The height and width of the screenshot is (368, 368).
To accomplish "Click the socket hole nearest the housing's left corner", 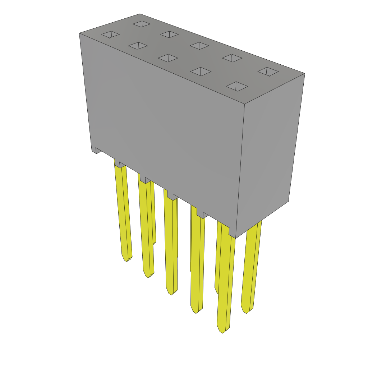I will [x=110, y=34].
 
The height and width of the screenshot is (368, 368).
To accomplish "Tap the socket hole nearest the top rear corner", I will [x=142, y=24].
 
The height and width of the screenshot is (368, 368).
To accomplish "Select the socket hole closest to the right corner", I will [x=268, y=72].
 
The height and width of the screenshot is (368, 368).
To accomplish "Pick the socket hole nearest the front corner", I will [x=237, y=86].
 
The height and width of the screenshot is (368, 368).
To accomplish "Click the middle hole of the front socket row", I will [x=168, y=58].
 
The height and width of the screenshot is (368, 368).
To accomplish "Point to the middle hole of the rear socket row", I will [x=199, y=46].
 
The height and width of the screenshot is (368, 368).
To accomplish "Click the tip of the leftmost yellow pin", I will [x=127, y=259].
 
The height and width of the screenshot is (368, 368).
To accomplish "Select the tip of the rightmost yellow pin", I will [x=246, y=311].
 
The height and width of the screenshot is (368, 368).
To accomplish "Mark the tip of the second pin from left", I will [x=148, y=276].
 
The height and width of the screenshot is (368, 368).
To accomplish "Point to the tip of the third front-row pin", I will [x=171, y=293].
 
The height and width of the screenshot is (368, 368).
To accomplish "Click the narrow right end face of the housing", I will [x=270, y=151].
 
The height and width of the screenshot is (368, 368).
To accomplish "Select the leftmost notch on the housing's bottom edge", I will [x=98, y=150].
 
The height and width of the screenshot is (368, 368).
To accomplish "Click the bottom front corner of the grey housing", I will [x=235, y=238].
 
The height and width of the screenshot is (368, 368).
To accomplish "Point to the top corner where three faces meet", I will [x=244, y=104].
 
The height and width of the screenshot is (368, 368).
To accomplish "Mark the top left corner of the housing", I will [x=79, y=33].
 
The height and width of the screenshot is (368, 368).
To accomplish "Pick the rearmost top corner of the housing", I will [x=139, y=14].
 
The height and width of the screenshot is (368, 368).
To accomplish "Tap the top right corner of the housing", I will [x=304, y=74].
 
